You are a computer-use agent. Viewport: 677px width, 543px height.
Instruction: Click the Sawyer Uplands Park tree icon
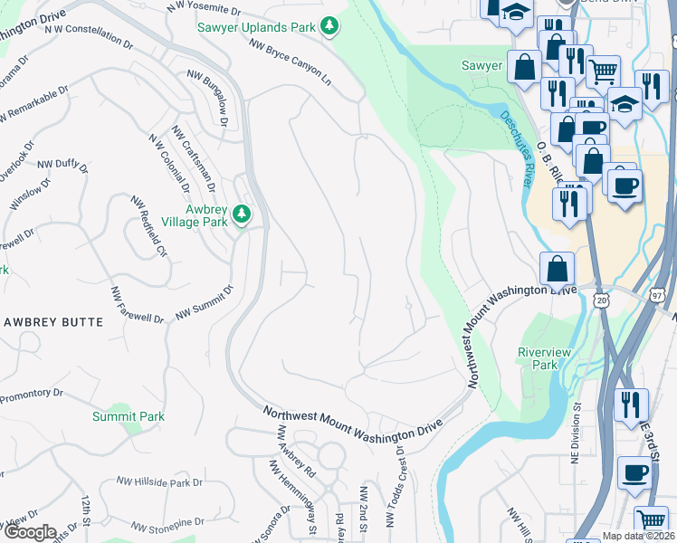[330, 26]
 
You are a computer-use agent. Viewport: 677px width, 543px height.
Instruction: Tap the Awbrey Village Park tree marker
[241, 214]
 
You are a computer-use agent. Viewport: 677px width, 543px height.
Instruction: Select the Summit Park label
[128, 416]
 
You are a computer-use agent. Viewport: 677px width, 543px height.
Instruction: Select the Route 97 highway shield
[656, 296]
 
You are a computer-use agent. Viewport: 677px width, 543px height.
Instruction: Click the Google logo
[29, 532]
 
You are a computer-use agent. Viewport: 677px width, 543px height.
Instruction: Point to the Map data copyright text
[639, 536]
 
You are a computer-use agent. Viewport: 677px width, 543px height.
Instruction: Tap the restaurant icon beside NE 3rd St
[631, 405]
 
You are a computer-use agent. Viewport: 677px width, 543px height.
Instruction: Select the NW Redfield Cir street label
[149, 226]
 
